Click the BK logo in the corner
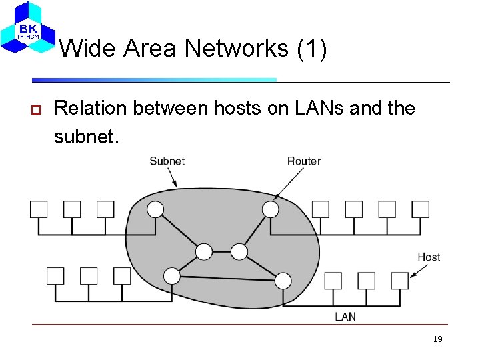tap(28, 28)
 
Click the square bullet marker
tap(37, 109)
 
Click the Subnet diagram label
tap(167, 161)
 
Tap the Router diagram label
tap(304, 161)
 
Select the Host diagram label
tap(429, 257)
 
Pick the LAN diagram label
tap(345, 316)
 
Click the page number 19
tap(437, 339)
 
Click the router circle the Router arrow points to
tap(270, 209)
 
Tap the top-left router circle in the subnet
tap(155, 209)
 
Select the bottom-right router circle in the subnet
tap(283, 280)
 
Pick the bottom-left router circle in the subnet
tap(171, 275)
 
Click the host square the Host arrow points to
tap(399, 281)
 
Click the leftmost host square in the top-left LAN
tap(39, 209)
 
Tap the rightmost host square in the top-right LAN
tap(420, 209)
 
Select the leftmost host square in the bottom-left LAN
tap(55, 275)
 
